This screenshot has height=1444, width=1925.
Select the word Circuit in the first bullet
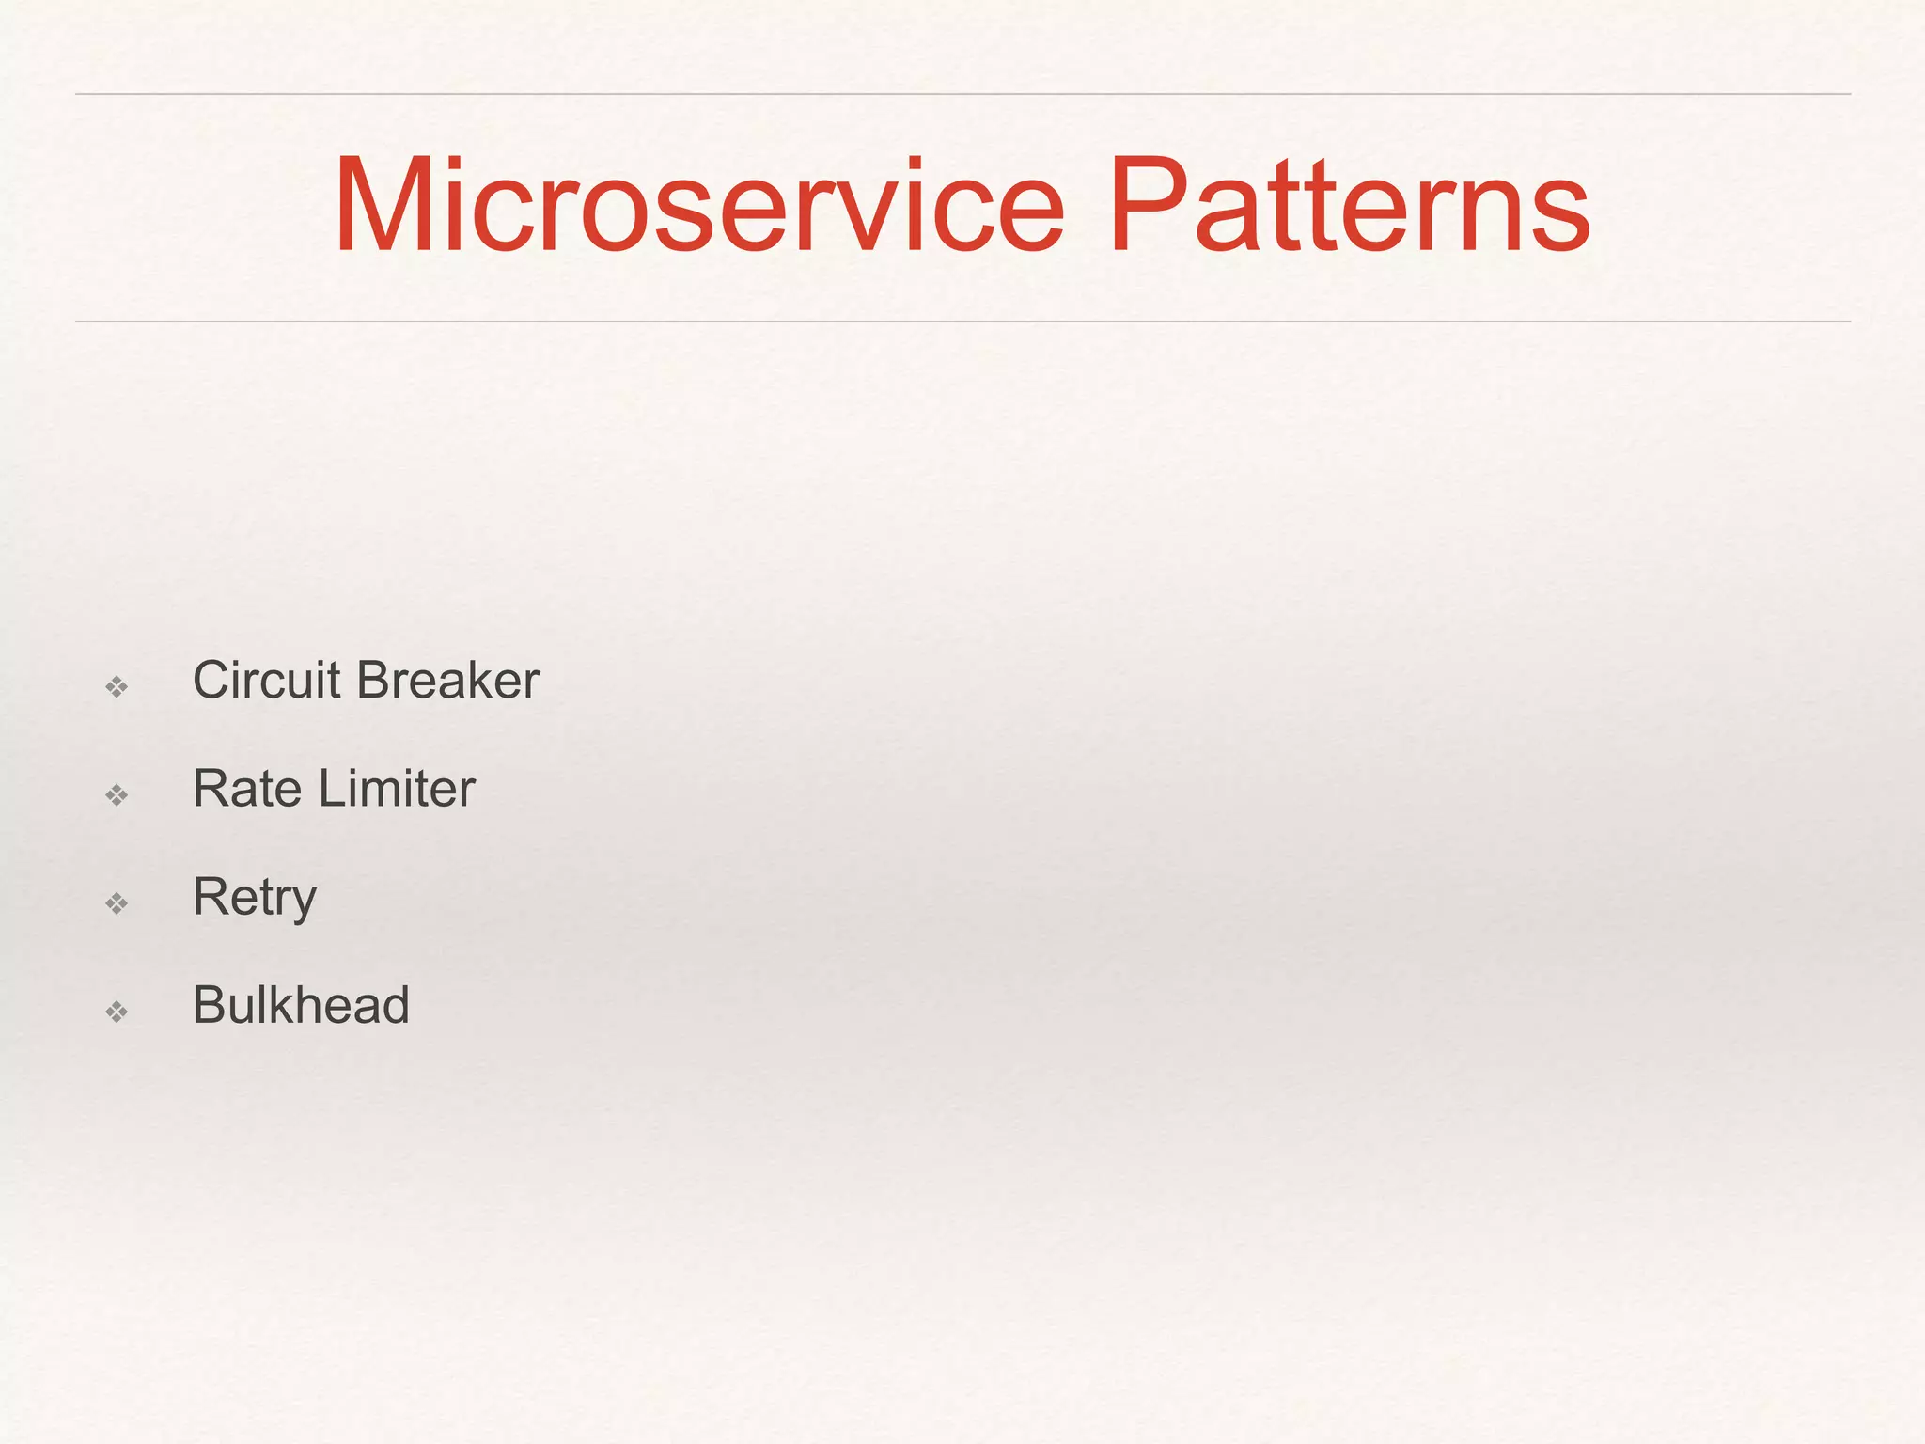[x=266, y=680]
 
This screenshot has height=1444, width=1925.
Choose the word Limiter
[x=397, y=788]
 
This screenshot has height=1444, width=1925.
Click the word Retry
[x=254, y=898]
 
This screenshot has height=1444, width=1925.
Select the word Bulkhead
[x=301, y=1004]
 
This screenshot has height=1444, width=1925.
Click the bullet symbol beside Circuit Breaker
[x=117, y=687]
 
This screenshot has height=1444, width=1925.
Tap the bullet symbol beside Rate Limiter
[x=117, y=795]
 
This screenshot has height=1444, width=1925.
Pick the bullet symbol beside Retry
[x=117, y=903]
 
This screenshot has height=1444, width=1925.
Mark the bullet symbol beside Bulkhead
[x=117, y=1012]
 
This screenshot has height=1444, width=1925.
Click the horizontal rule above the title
[x=962, y=94]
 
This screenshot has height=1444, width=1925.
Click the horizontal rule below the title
[x=962, y=322]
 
